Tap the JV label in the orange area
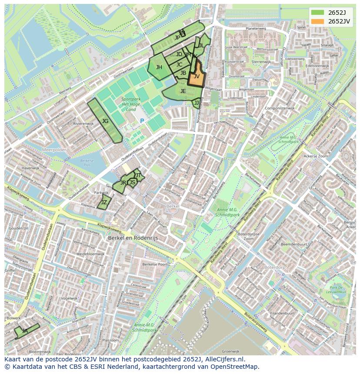click(197, 76)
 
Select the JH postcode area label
click(159, 67)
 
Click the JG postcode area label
click(105, 121)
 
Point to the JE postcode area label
click(183, 91)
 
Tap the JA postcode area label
click(25, 331)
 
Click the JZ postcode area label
click(104, 202)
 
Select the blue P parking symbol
click(142, 121)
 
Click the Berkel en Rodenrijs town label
click(133, 238)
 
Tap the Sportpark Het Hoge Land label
click(131, 104)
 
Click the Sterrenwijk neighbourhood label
click(261, 62)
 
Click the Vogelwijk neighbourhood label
click(69, 298)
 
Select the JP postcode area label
click(177, 38)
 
